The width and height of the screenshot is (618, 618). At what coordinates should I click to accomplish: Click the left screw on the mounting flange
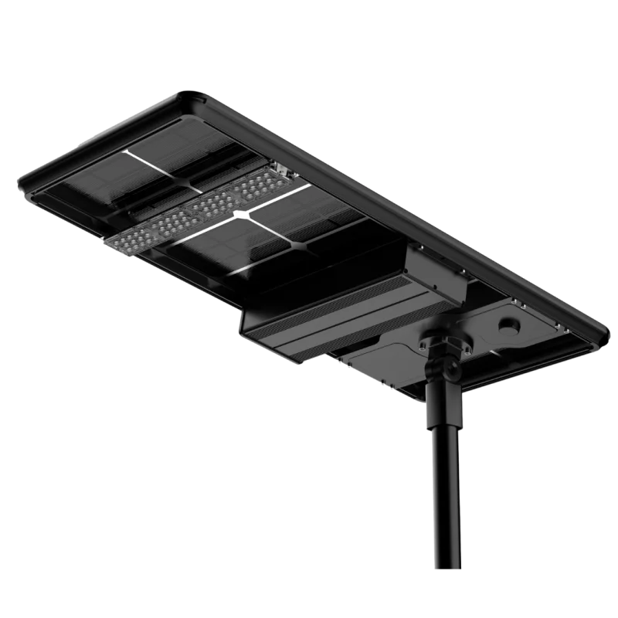(423, 341)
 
